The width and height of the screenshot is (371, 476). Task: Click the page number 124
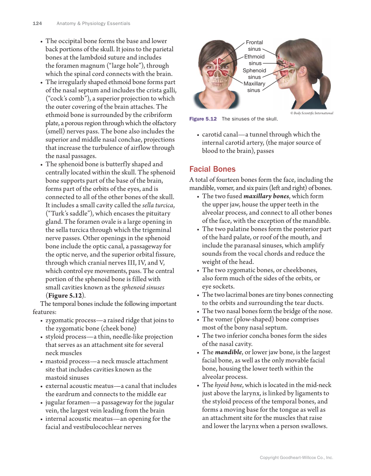click(x=37, y=23)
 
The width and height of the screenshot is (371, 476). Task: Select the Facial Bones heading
click(x=212, y=169)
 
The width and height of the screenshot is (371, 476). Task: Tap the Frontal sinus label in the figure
click(x=254, y=46)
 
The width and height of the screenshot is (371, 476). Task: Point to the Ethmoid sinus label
click(x=254, y=60)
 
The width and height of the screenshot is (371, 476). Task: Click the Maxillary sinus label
click(x=254, y=87)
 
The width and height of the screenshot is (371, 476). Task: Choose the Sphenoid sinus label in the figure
click(x=254, y=74)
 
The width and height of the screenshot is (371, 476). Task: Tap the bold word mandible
click(x=228, y=352)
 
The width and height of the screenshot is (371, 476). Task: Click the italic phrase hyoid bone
click(x=227, y=385)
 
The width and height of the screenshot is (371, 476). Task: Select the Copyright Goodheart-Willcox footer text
click(x=296, y=458)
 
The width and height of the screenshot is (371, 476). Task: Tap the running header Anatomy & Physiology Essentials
click(x=93, y=23)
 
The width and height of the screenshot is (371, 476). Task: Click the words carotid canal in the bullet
click(x=220, y=134)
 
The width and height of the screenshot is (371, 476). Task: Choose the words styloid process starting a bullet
click(x=66, y=336)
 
